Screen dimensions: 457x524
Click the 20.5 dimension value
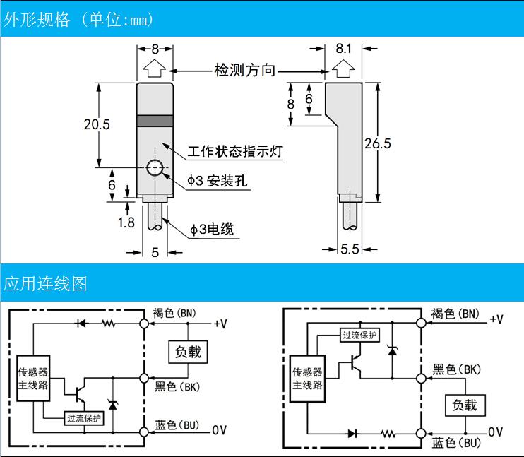97,125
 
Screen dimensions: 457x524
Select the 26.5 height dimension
377,143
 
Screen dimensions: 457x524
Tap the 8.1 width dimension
343,49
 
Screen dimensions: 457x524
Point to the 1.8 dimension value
126,222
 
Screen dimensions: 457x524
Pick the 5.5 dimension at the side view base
350,249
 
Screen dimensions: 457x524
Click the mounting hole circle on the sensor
154,168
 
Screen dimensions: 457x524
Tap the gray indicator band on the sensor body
155,121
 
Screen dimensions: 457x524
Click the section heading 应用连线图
45,284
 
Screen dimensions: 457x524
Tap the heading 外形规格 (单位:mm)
78,20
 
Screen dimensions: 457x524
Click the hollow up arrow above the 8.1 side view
343,69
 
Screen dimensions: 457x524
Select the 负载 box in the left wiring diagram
188,351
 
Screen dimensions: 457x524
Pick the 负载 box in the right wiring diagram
465,405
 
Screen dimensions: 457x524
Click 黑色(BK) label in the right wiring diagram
456,369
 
